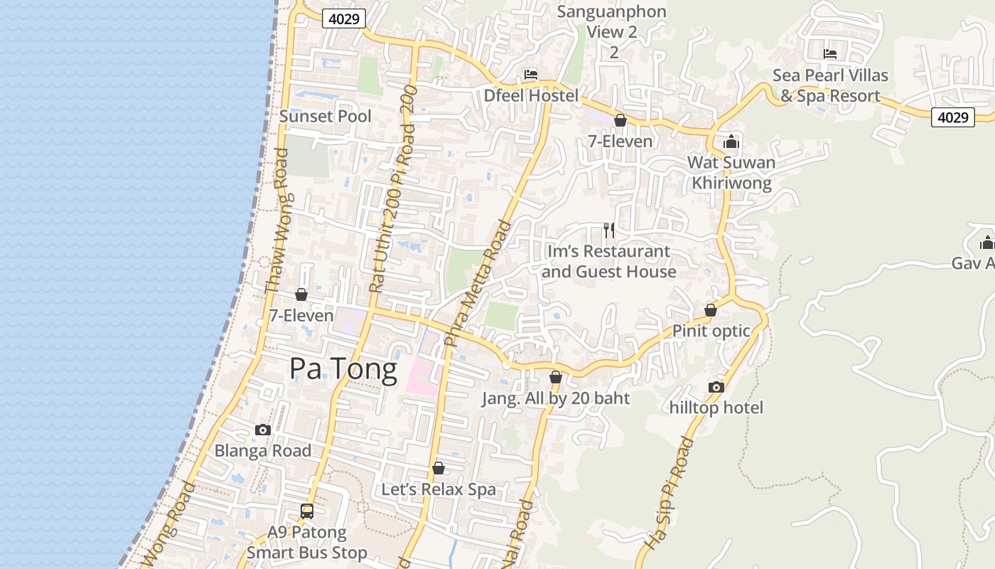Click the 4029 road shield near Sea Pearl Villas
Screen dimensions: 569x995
point(952,117)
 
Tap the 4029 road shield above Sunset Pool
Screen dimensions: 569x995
point(344,18)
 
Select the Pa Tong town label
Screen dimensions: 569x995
point(343,370)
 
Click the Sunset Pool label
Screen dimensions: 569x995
point(326,116)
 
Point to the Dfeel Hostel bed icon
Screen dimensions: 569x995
point(531,75)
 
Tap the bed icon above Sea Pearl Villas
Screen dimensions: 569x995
point(829,54)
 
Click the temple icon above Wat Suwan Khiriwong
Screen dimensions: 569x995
point(731,142)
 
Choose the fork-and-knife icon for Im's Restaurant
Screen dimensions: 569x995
point(609,230)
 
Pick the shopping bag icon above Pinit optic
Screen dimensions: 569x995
point(710,310)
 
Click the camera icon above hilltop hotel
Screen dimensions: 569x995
point(716,387)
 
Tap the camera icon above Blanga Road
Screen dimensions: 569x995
point(263,430)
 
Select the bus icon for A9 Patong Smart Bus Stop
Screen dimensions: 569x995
point(307,511)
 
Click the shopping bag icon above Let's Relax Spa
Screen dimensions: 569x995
point(439,468)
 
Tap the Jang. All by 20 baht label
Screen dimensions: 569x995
point(556,398)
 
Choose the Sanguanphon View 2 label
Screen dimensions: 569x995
point(612,22)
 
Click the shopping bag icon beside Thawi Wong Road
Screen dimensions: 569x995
point(301,294)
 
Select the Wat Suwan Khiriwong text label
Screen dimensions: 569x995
point(731,173)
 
